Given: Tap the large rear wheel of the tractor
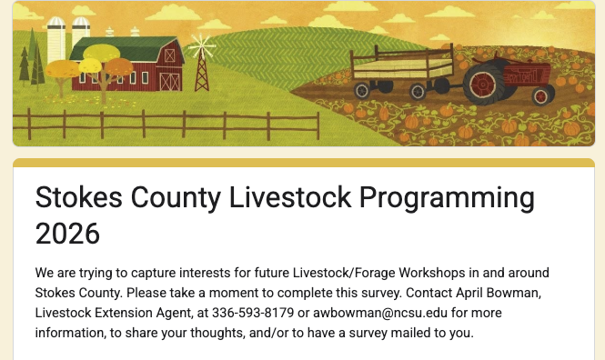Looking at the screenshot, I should tap(479, 87).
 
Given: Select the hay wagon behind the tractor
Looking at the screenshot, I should tap(402, 68).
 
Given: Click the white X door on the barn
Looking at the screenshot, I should tap(169, 81).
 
